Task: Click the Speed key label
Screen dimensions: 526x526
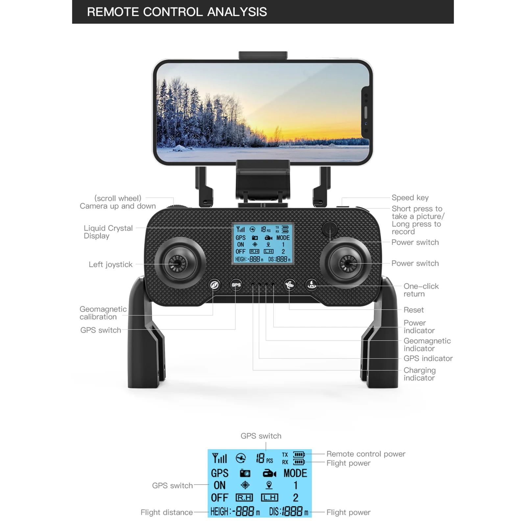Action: click(x=410, y=198)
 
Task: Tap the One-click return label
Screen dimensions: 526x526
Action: click(x=421, y=290)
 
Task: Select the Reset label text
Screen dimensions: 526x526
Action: click(x=414, y=310)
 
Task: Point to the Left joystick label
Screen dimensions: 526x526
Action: click(x=110, y=265)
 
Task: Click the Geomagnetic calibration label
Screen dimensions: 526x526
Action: click(x=103, y=313)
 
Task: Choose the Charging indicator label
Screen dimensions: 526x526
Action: click(x=419, y=374)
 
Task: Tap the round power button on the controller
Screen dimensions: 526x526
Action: click(x=330, y=229)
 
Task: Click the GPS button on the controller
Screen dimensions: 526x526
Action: click(x=236, y=285)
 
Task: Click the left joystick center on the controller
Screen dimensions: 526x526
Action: click(x=178, y=263)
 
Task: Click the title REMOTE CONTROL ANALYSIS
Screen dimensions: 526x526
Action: click(x=177, y=12)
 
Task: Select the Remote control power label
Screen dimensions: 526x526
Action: click(x=366, y=454)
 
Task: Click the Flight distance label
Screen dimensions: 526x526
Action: click(x=167, y=512)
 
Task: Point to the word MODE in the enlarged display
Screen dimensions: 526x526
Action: click(x=295, y=473)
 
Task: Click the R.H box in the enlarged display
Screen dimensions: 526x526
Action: click(x=244, y=498)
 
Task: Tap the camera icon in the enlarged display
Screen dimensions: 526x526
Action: click(x=245, y=473)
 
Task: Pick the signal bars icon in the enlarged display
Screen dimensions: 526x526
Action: click(x=220, y=458)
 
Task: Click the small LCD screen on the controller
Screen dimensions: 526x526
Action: click(x=263, y=244)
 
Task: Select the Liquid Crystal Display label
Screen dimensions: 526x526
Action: click(x=108, y=232)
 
